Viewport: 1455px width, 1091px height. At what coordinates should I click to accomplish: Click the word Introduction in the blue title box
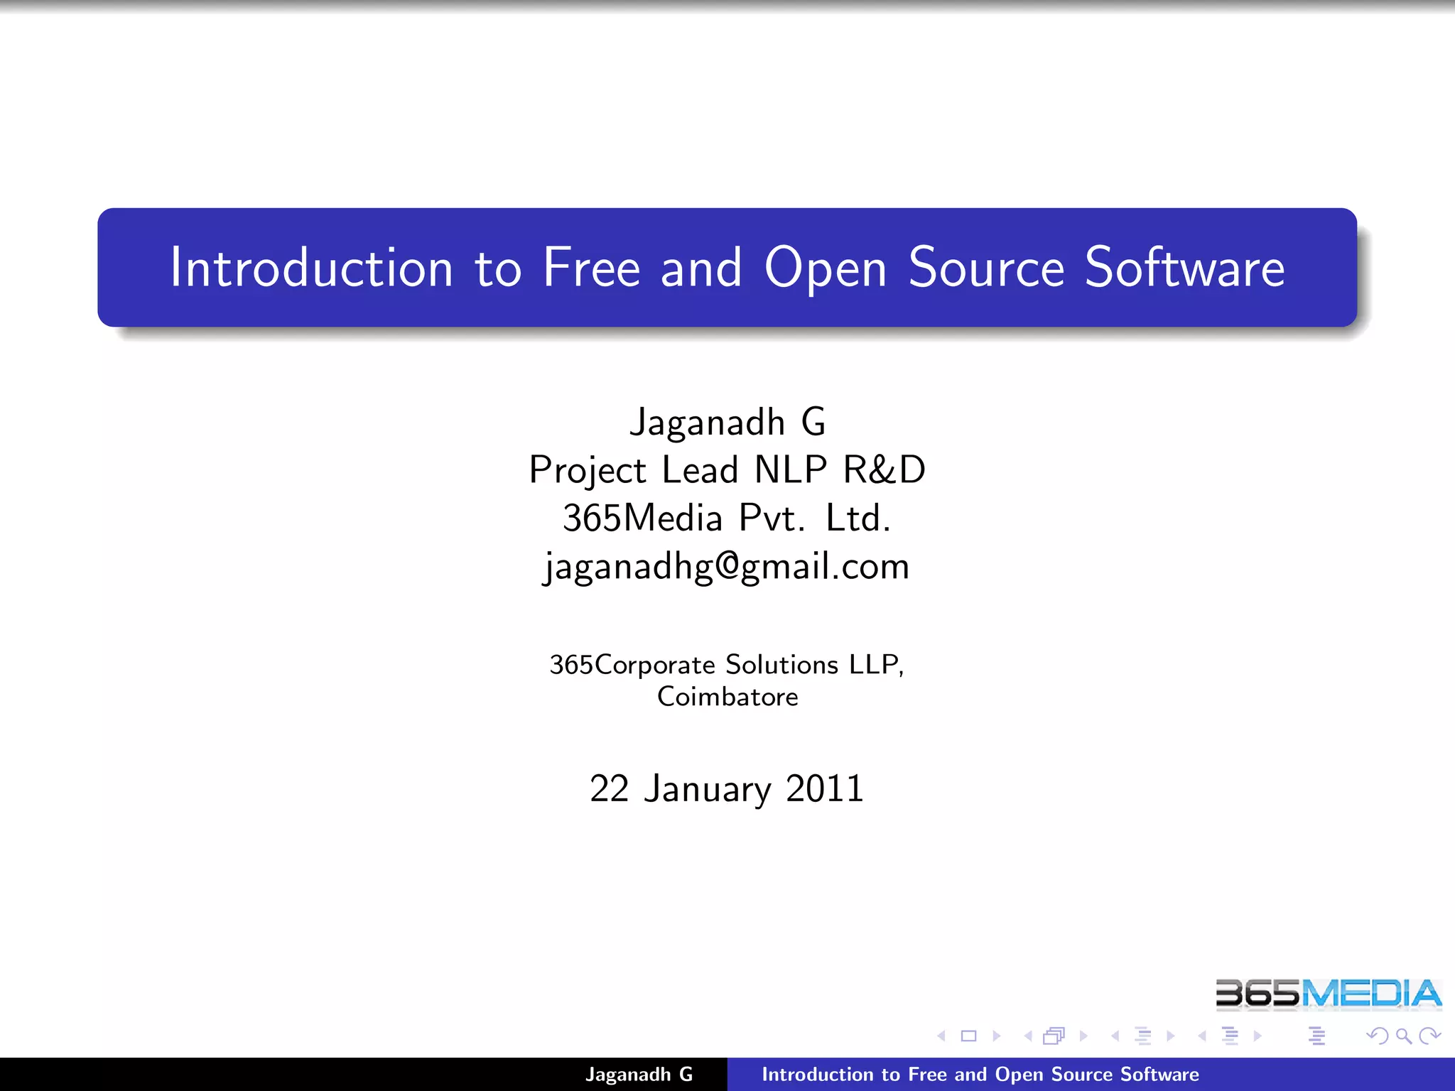click(311, 268)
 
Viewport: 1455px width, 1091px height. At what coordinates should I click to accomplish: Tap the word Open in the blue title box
click(826, 268)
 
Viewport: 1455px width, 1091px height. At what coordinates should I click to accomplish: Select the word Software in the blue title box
click(1184, 268)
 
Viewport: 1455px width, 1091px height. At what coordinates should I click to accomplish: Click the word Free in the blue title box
click(591, 268)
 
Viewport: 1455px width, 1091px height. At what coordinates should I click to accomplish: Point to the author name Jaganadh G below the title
click(727, 422)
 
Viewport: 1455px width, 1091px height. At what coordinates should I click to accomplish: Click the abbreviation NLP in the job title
click(791, 469)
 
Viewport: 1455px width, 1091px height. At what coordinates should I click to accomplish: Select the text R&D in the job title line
click(884, 469)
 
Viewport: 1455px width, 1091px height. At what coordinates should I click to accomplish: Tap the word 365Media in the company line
click(642, 518)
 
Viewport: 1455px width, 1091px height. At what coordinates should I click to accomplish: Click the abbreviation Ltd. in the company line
click(858, 518)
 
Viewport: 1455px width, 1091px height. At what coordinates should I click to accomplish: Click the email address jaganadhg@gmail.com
click(727, 567)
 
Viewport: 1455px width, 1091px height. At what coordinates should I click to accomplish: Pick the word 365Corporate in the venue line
click(632, 665)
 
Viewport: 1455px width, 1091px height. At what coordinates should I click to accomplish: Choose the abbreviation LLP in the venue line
click(875, 665)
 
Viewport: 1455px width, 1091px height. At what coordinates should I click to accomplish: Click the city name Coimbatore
click(727, 697)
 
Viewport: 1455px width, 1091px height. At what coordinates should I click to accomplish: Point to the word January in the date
click(708, 790)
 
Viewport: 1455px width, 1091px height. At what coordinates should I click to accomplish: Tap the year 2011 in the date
click(825, 788)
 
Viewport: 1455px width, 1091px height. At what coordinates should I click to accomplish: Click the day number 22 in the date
click(610, 788)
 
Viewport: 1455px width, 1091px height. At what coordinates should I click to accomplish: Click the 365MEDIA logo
click(1328, 993)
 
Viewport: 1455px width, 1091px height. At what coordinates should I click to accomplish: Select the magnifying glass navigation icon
click(1403, 1036)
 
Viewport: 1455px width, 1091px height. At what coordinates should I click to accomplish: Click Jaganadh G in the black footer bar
click(639, 1075)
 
